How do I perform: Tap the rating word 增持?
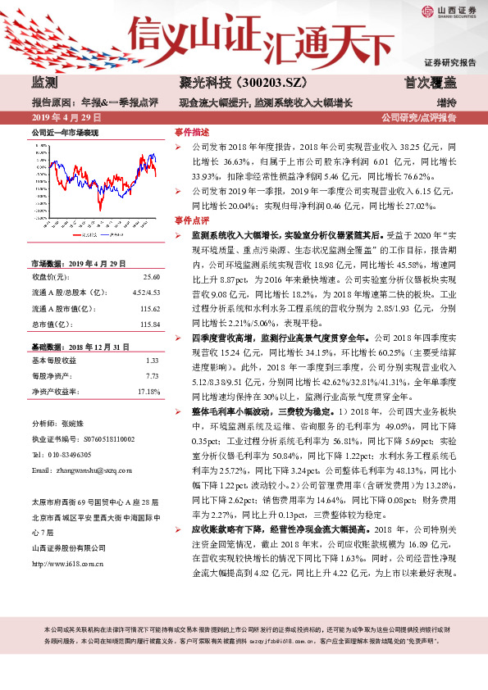click(x=445, y=102)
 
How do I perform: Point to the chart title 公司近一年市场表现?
click(x=65, y=131)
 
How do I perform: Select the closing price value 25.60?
click(x=151, y=278)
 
